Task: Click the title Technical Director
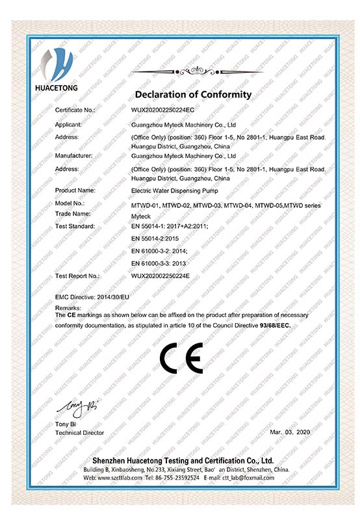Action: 80,432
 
